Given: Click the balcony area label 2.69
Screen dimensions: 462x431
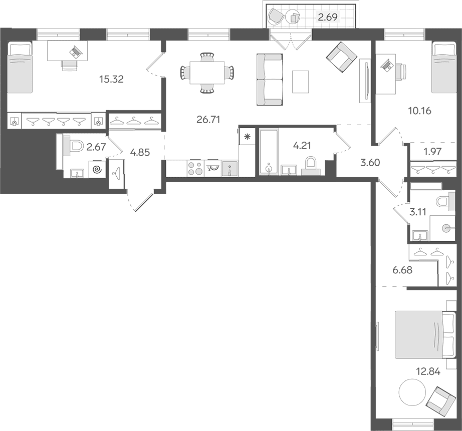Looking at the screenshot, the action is (x=327, y=18).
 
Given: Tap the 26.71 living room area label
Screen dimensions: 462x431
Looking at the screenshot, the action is (x=208, y=120).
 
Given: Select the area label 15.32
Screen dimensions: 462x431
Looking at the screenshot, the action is (x=111, y=79).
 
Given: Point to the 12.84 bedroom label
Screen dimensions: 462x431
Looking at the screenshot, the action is (x=428, y=371).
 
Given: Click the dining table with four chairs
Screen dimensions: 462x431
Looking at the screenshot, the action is (x=207, y=73).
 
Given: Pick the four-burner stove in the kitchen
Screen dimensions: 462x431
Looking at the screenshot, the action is (x=195, y=168).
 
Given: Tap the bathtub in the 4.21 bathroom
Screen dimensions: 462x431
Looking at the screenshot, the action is (x=269, y=151).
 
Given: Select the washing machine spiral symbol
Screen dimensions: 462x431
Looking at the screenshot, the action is (x=97, y=170).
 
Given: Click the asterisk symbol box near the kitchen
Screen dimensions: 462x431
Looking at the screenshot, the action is (x=247, y=136).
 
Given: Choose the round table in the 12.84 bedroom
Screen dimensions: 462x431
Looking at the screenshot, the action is (x=412, y=392).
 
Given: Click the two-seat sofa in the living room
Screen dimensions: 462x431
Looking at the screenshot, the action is (x=270, y=79).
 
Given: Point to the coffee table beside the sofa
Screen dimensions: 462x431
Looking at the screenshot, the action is (x=301, y=82).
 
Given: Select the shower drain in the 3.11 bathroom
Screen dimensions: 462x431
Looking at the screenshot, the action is (x=447, y=228).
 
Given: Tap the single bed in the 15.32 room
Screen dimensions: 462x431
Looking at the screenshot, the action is (x=20, y=67).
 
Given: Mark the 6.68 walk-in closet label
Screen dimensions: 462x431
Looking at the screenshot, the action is (x=402, y=270).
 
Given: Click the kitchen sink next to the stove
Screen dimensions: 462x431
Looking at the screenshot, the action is (x=229, y=169).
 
